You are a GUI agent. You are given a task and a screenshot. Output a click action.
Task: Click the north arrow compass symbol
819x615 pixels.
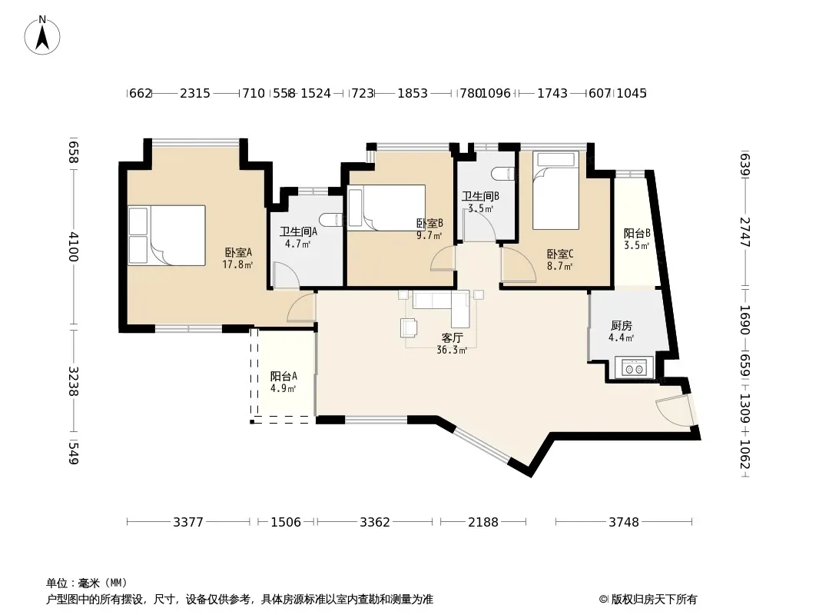[x=42, y=35]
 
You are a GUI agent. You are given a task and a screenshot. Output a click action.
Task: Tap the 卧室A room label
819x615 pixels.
[x=238, y=253]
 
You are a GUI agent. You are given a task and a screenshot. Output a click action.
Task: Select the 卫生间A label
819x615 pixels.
[x=298, y=232]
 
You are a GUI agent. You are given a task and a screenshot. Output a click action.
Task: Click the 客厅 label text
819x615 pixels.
[x=452, y=338]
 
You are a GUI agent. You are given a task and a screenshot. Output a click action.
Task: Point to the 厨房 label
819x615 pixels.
[x=621, y=326]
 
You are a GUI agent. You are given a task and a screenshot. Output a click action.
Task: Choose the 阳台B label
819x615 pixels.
[x=637, y=234]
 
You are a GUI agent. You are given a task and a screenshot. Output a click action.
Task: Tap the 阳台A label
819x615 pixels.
[x=283, y=376]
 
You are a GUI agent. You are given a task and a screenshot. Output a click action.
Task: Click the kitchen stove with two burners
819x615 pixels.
[x=634, y=367]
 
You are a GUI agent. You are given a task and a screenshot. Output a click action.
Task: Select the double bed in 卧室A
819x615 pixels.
[x=167, y=235]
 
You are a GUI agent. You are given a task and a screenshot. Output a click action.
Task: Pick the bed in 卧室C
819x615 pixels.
[x=555, y=190]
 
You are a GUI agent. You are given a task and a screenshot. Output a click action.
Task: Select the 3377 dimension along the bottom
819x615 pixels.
[x=188, y=522]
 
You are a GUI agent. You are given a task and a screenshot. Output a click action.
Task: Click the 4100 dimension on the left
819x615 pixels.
[x=74, y=247]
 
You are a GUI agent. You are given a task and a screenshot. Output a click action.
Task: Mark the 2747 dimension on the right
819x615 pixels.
[x=745, y=232]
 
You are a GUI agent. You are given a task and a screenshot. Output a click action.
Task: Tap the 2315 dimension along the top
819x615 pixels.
[x=195, y=94]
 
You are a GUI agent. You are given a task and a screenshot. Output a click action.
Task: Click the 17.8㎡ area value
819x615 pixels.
[x=237, y=265]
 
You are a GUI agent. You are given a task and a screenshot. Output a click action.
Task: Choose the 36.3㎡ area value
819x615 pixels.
[x=452, y=351]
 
